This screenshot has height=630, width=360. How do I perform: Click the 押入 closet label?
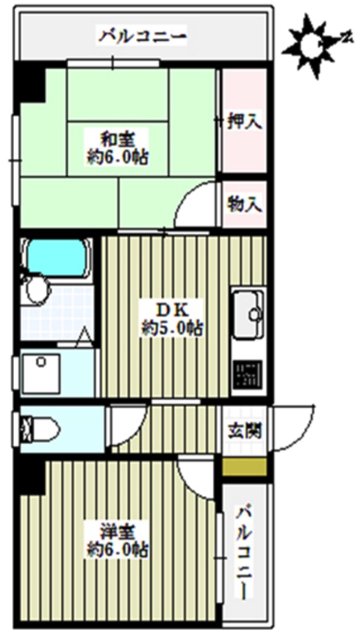tap(244, 122)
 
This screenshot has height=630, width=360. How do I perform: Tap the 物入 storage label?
tap(244, 204)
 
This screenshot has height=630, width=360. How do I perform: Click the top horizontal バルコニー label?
tap(144, 37)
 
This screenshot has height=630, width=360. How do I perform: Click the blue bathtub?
tap(55, 258)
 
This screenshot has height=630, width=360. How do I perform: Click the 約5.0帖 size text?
tap(173, 329)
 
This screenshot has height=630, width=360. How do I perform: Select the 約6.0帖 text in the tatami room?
tap(117, 159)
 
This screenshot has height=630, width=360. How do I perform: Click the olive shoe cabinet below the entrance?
tap(244, 467)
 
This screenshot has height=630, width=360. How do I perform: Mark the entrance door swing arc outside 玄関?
tap(295, 429)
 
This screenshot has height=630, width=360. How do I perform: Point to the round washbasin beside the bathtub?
tap(36, 291)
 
